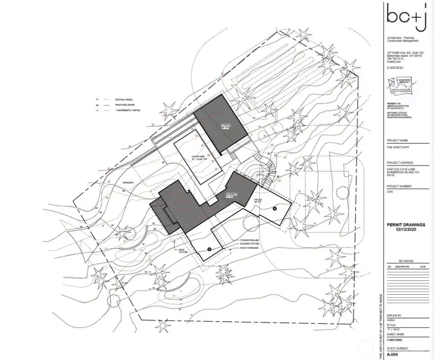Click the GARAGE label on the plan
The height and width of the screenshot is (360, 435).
pyautogui.click(x=209, y=126)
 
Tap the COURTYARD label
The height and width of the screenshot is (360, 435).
pyautogui.click(x=200, y=158)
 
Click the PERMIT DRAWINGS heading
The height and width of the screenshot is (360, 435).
pyautogui.click(x=406, y=225)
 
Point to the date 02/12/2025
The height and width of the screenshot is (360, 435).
pyautogui.click(x=406, y=230)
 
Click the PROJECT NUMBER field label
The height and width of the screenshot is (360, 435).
pyautogui.click(x=399, y=186)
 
